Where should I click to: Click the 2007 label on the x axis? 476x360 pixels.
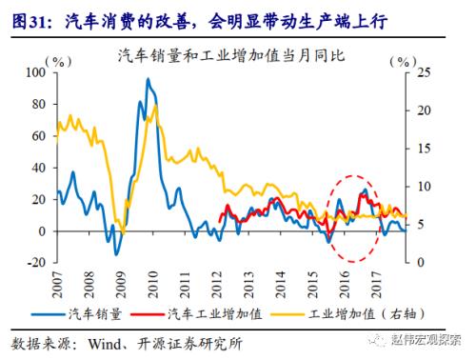point(56,282)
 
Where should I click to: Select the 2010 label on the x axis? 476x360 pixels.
point(152,282)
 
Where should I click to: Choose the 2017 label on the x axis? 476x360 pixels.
point(378,282)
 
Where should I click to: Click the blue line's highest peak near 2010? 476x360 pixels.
point(149,79)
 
